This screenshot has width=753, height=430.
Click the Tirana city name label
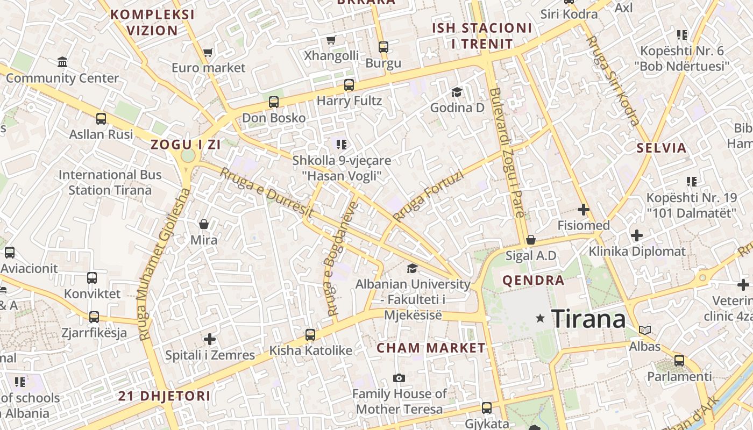(x=588, y=319)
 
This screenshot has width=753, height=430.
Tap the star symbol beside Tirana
(x=541, y=319)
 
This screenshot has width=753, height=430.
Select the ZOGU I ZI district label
(x=186, y=145)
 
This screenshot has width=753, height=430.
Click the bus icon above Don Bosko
(x=274, y=102)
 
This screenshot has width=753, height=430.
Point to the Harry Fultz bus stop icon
(x=349, y=85)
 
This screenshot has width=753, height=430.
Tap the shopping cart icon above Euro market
(x=208, y=53)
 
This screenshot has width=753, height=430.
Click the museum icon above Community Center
(x=62, y=62)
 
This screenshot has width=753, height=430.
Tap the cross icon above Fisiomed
(x=584, y=210)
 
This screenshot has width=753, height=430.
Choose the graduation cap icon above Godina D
(x=457, y=92)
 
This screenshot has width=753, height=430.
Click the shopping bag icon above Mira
(x=204, y=224)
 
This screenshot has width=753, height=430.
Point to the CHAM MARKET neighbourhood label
(x=431, y=348)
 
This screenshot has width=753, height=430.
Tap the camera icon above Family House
(x=399, y=378)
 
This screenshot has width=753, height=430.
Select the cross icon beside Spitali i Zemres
(x=210, y=339)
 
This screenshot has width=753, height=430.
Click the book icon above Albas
(x=645, y=330)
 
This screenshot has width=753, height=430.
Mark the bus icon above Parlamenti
(x=679, y=361)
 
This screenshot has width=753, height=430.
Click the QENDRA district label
(x=533, y=280)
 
